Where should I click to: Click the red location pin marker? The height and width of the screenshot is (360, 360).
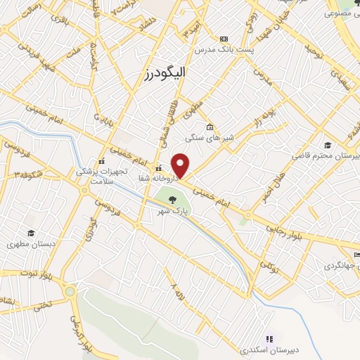[181, 166]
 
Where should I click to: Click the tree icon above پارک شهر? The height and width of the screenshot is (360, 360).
[173, 199]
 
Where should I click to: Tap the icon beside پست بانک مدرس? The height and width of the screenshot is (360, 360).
[224, 39]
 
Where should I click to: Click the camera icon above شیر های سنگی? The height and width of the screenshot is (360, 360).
[210, 127]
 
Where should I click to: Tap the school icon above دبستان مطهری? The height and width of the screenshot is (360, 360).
[30, 233]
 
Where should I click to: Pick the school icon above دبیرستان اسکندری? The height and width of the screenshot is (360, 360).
[269, 338]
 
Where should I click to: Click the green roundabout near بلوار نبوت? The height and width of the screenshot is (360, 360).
[70, 291]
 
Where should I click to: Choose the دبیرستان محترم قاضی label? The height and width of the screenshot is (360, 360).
[328, 155]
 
